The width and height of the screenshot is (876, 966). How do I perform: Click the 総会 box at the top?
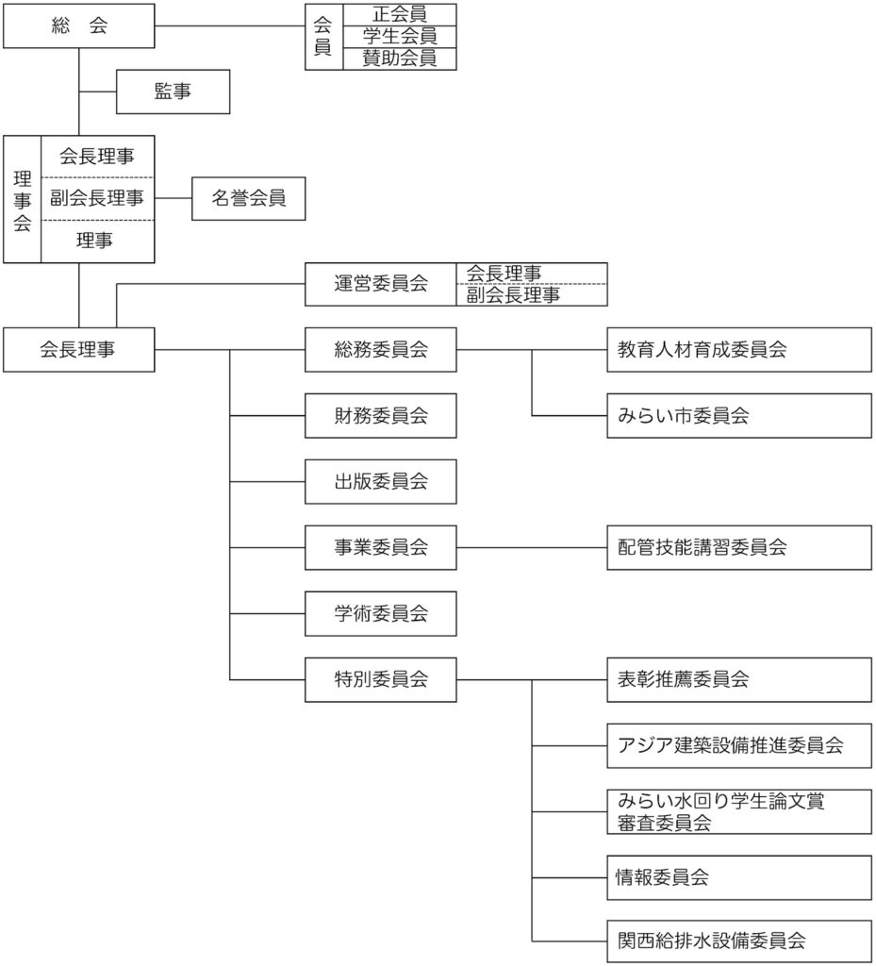79,26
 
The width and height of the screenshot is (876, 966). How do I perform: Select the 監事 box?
172,92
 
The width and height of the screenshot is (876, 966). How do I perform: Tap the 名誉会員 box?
248,198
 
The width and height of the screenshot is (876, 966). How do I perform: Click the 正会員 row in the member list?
399,14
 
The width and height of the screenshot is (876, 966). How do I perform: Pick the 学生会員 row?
399,36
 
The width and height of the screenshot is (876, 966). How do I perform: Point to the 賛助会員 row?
399,58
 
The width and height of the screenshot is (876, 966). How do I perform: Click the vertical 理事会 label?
23,200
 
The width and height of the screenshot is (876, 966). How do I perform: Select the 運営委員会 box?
381,283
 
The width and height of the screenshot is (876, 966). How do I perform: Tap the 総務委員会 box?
381,349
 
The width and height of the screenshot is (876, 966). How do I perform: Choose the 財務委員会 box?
381,415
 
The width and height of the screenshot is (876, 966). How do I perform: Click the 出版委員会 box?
381,481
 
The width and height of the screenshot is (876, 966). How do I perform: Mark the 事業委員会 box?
381,547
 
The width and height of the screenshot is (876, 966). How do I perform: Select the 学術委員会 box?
381,613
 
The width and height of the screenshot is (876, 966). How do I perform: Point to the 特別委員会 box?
381,679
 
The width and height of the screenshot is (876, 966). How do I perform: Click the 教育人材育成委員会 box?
739,349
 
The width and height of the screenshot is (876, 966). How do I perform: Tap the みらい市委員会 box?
739,415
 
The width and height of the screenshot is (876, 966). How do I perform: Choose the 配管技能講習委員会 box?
739,547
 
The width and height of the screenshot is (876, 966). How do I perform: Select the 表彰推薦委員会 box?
739,679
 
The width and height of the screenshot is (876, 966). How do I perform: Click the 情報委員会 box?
739,877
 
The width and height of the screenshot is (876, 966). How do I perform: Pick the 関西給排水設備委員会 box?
739,941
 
